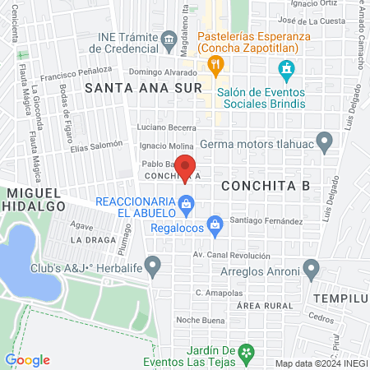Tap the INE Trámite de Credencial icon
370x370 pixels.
[x=169, y=39]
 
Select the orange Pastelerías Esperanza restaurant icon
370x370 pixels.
[x=215, y=63]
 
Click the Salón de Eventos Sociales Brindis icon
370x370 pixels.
[x=285, y=68]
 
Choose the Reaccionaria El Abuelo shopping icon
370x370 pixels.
[x=187, y=201]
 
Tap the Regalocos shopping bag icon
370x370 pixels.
[x=215, y=224]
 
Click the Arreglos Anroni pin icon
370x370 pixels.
[x=311, y=268]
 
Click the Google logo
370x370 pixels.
[x=27, y=360]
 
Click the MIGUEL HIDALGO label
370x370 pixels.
[x=34, y=199]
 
